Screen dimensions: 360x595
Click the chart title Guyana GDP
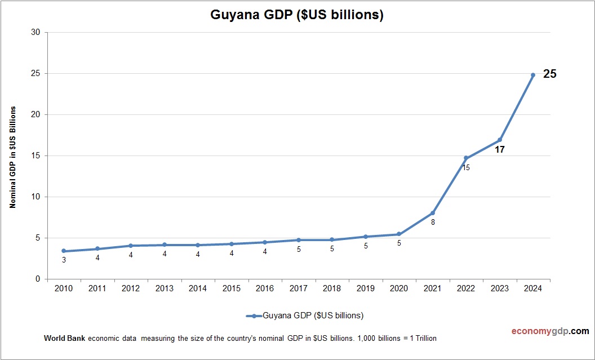[297, 15]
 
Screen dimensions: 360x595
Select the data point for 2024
[532, 75]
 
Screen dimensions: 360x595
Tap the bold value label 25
[549, 74]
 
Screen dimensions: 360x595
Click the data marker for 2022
[466, 158]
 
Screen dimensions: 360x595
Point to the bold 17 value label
[499, 150]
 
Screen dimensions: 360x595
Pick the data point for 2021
[433, 213]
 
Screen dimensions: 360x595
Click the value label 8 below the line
[433, 222]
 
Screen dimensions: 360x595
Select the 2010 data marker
[64, 251]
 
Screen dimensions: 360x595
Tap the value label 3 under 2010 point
[64, 260]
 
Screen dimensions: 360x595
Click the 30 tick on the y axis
[35, 33]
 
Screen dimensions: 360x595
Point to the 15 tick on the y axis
[35, 156]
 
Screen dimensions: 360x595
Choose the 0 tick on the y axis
[38, 279]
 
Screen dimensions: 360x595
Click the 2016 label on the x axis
[265, 288]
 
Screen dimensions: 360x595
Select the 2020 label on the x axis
[399, 288]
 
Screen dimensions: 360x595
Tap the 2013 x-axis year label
[165, 288]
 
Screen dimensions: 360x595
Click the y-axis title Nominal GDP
[12, 157]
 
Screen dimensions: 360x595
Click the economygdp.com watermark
[543, 331]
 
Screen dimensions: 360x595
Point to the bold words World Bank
[64, 339]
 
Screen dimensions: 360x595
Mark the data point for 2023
[499, 140]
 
